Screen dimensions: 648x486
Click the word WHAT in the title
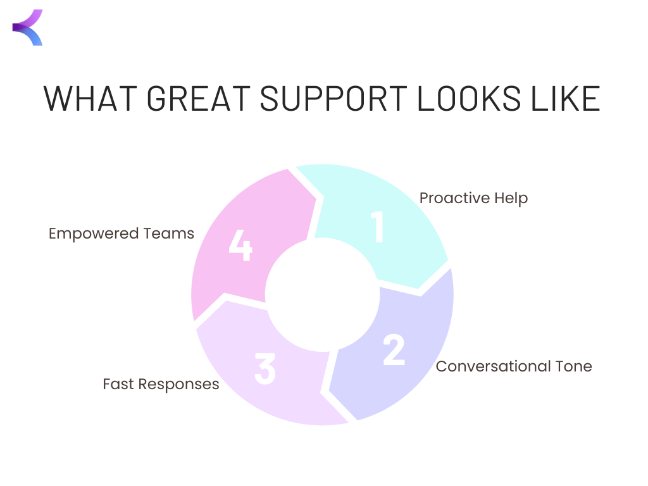(x=90, y=99)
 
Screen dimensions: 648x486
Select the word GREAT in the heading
(x=199, y=99)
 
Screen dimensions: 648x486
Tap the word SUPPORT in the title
(x=333, y=99)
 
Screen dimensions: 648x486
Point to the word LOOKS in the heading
(x=469, y=99)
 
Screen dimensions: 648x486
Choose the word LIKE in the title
(x=565, y=99)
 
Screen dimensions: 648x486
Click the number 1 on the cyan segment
(x=377, y=227)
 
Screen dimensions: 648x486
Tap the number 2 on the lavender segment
(x=394, y=349)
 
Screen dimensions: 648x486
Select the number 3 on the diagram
(x=265, y=369)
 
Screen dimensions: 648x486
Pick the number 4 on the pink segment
(x=240, y=245)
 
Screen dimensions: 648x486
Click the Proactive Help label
(x=473, y=198)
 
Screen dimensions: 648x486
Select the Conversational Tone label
(x=514, y=366)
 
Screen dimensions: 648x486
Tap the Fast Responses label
(x=161, y=384)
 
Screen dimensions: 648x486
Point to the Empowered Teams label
(x=121, y=234)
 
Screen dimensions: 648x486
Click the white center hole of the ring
(x=322, y=295)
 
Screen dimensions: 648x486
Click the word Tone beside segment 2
(x=573, y=366)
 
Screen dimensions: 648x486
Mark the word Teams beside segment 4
(x=168, y=234)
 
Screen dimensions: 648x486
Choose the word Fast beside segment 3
(x=118, y=384)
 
